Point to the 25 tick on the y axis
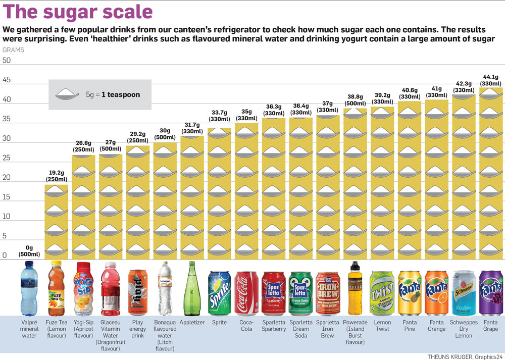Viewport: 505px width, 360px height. (7, 158)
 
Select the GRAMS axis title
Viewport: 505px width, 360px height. (13, 50)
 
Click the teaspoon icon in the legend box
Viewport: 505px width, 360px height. (69, 93)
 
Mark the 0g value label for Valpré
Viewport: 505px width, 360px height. (29, 251)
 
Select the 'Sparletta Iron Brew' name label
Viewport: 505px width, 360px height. (327, 329)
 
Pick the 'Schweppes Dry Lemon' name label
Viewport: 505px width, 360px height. (463, 329)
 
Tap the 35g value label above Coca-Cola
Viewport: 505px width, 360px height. (246, 115)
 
